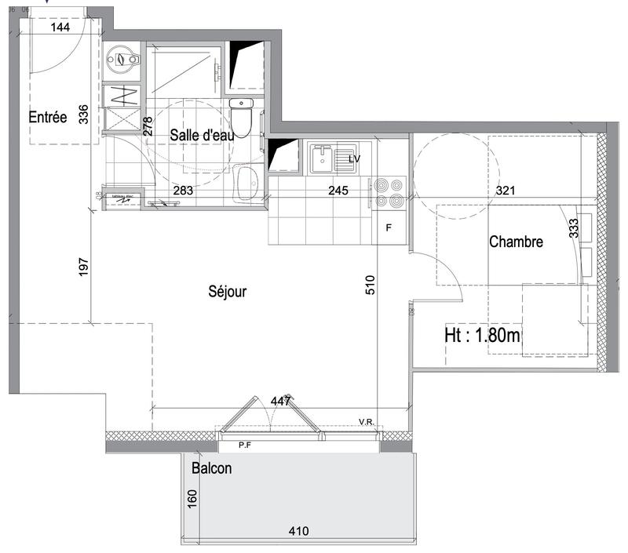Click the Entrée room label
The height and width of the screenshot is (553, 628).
coord(47,117)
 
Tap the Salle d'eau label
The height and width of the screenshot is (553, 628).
coord(203,135)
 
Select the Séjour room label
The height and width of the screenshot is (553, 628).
coord(228,292)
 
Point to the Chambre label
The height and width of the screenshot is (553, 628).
coord(516,242)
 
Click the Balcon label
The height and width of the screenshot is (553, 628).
coord(211,469)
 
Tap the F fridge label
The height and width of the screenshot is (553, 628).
coord(388,229)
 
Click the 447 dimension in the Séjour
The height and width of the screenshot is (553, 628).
coord(280,401)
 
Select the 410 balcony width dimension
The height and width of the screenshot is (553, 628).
coord(298,531)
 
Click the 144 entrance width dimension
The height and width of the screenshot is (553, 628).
coord(60,27)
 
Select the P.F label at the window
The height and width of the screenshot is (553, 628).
coord(247,446)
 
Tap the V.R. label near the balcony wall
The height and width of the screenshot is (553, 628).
coord(366,422)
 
